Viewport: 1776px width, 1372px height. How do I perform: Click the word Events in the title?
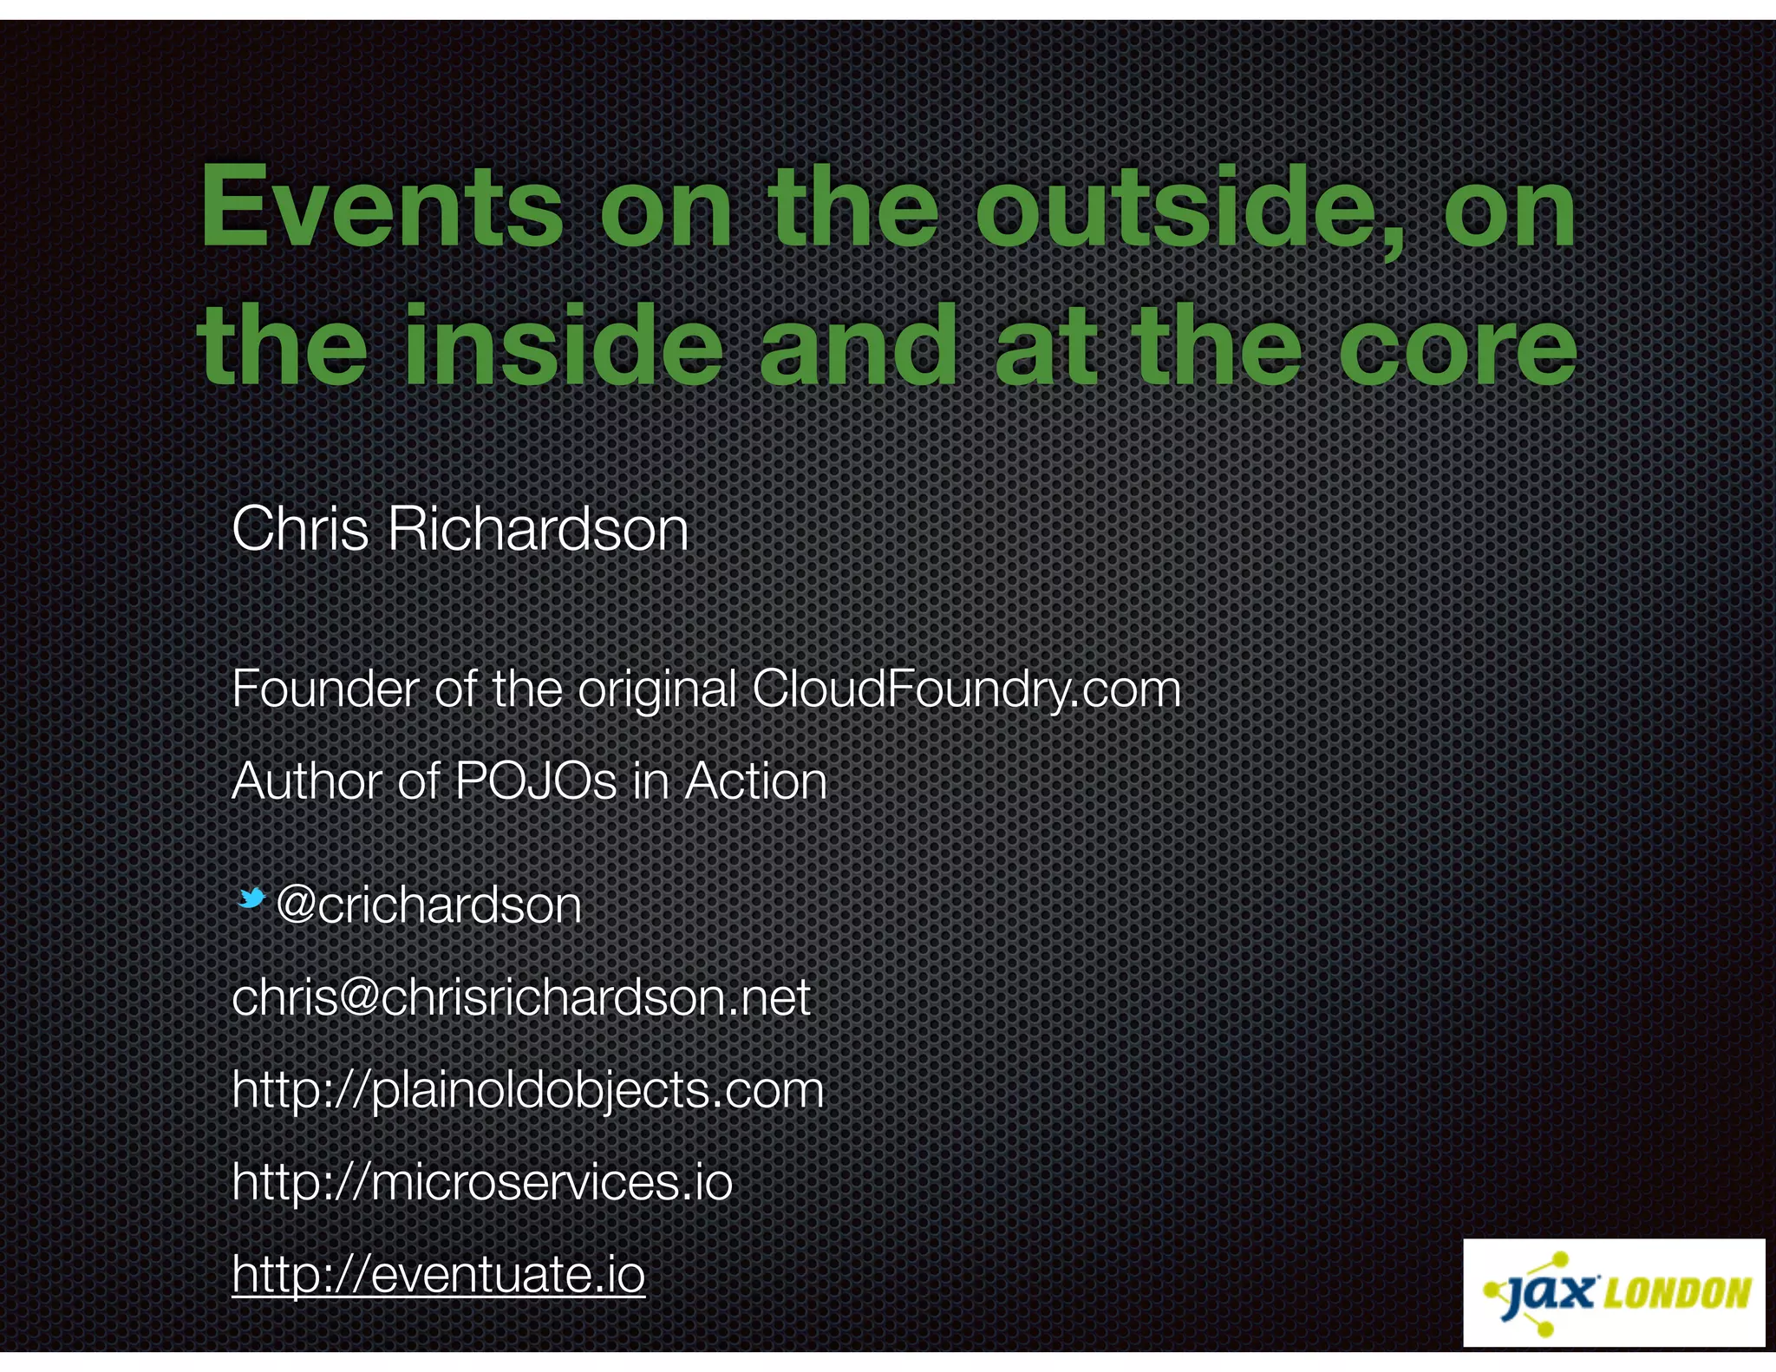(382, 208)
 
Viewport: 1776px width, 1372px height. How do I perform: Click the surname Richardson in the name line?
(538, 529)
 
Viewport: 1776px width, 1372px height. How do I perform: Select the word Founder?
(325, 689)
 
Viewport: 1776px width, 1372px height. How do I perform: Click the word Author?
(306, 781)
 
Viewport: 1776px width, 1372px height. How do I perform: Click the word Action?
(756, 781)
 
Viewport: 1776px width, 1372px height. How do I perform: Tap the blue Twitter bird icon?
(251, 898)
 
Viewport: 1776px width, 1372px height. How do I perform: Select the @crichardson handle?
(428, 905)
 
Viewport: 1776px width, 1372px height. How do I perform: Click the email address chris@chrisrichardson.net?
(521, 997)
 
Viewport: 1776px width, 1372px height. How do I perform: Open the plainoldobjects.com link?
(527, 1090)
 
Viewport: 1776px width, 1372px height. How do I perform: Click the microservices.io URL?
(482, 1182)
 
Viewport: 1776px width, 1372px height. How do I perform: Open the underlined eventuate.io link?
(439, 1274)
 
